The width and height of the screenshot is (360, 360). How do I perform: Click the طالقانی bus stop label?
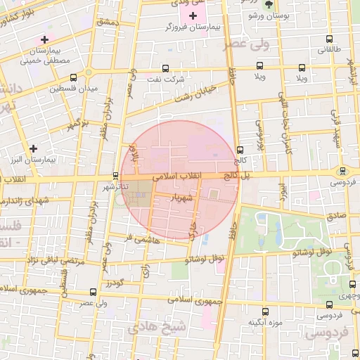[x=328, y=51]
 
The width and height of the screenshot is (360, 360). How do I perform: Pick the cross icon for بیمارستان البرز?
[x=33, y=148]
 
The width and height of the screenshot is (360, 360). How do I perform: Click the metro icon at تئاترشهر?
[x=116, y=176]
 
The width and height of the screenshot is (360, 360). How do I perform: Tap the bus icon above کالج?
[x=240, y=150]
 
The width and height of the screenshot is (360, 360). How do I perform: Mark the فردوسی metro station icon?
[x=343, y=171]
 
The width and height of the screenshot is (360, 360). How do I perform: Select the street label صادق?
[x=337, y=217]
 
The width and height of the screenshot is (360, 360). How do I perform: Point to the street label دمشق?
[x=110, y=23]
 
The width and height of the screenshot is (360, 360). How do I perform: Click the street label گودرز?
[x=115, y=283]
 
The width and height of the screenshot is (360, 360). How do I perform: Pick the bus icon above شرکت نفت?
[x=165, y=69]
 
